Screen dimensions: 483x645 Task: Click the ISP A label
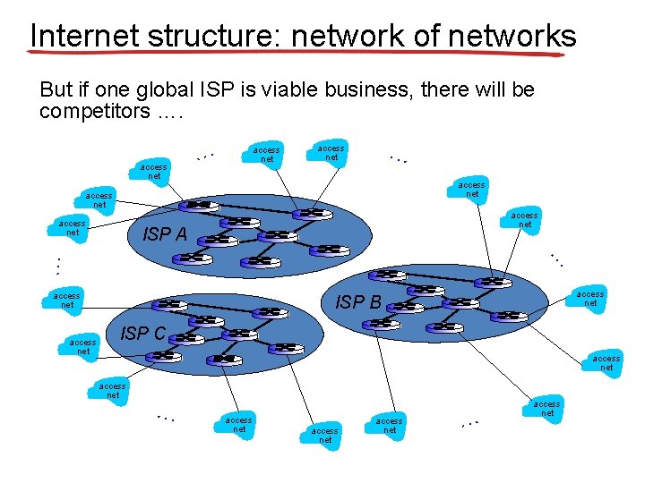165,235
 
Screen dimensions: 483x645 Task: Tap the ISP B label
358,302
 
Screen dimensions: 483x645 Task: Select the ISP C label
143,334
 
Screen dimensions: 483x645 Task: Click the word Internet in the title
83,36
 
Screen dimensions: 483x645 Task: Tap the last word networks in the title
513,36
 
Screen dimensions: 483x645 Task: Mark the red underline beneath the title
296,54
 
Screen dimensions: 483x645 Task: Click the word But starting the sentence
56,90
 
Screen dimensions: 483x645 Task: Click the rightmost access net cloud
606,363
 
